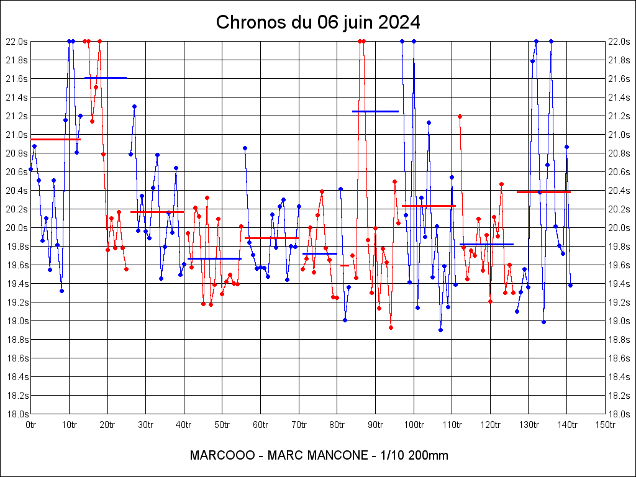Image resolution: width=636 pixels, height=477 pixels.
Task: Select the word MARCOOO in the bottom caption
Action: pyautogui.click(x=222, y=455)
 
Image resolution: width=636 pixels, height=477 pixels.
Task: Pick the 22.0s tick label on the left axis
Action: pyautogui.click(x=17, y=42)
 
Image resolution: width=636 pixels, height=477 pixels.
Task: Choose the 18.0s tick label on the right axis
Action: pyautogui.click(x=619, y=414)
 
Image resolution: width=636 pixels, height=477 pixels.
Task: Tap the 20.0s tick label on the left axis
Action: pyautogui.click(x=17, y=228)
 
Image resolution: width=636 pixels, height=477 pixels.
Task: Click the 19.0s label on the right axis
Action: pyautogui.click(x=619, y=321)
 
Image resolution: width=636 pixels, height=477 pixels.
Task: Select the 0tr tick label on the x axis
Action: pyautogui.click(x=31, y=425)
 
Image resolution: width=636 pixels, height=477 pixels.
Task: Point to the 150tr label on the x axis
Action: pyautogui.click(x=606, y=425)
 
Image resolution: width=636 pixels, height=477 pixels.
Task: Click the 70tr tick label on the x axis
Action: pyautogui.click(x=299, y=425)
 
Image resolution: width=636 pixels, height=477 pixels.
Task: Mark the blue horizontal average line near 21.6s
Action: pyautogui.click(x=106, y=78)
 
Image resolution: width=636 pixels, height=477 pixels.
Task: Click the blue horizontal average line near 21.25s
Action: pyautogui.click(x=375, y=111)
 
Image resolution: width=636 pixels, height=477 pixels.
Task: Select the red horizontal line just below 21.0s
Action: pyautogui.click(x=56, y=139)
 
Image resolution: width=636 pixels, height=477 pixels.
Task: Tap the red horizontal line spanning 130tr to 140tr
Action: pyautogui.click(x=543, y=192)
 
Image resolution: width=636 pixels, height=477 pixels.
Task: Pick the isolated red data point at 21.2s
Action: pyautogui.click(x=460, y=116)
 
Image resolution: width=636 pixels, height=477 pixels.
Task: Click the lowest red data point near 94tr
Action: pyautogui.click(x=391, y=327)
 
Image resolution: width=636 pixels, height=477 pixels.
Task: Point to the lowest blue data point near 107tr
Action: pyautogui.click(x=440, y=330)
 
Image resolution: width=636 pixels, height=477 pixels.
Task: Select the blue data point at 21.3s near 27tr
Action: pyautogui.click(x=134, y=106)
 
